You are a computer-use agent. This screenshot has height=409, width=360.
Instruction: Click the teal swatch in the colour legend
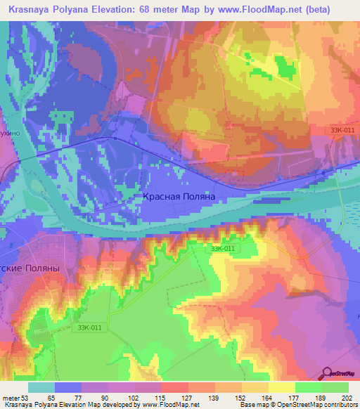pos(41,387)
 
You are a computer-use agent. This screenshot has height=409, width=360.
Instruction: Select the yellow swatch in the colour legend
pos(282,387)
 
